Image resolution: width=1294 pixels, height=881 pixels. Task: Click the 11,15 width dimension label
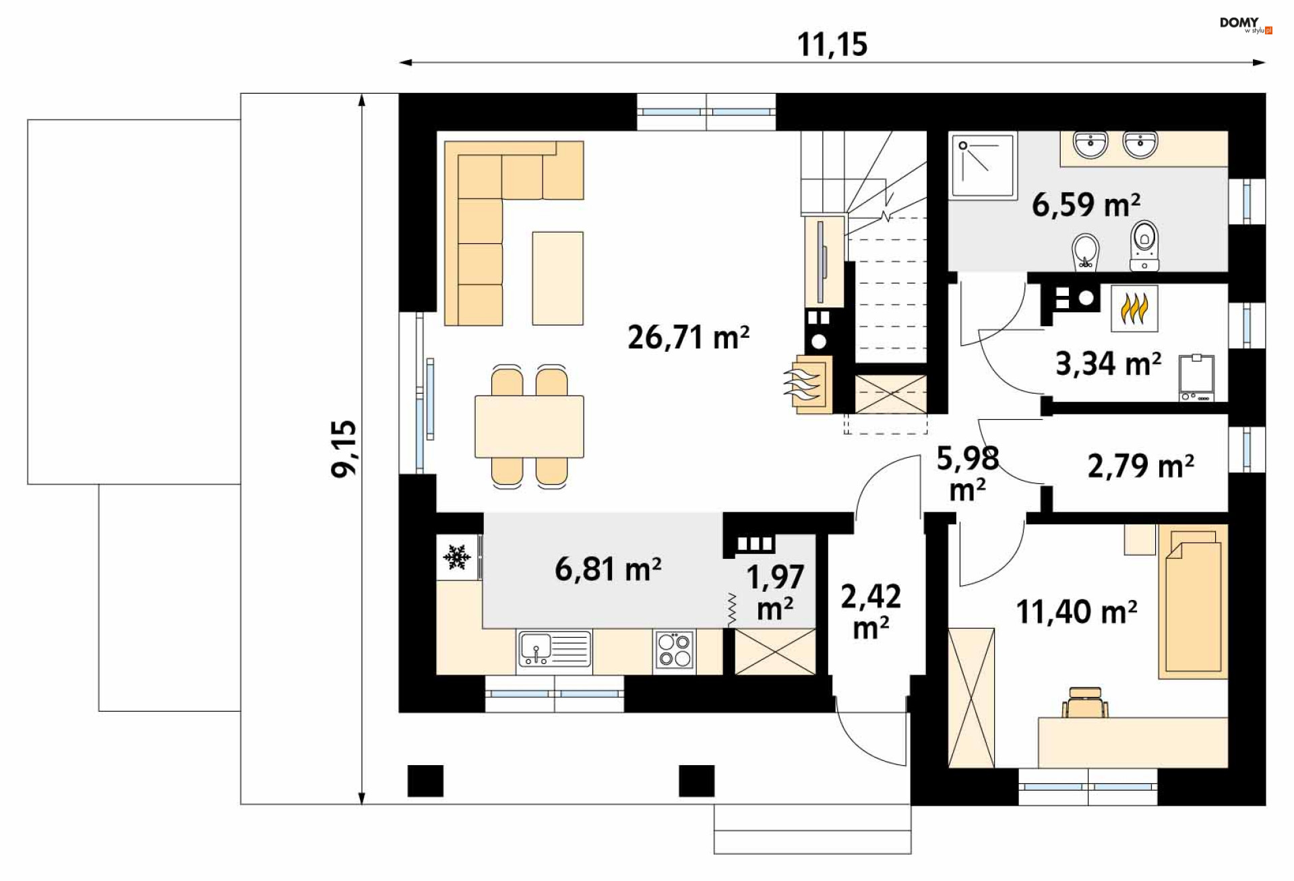point(832,44)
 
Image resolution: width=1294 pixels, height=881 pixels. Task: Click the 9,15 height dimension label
point(344,449)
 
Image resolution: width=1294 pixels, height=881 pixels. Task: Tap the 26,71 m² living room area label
point(688,337)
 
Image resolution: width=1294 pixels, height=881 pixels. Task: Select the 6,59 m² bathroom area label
point(1086,204)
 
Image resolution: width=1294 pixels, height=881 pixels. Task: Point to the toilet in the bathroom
point(1144,246)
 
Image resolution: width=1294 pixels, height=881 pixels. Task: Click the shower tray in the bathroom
point(983,166)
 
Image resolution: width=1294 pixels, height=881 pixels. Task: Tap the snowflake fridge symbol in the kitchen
point(456,557)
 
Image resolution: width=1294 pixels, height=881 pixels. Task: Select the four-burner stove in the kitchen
point(674,650)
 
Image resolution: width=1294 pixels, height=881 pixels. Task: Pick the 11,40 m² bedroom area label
point(1076,612)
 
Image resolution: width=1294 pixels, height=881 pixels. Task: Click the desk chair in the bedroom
point(1085,702)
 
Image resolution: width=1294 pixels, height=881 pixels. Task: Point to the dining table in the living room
point(529,427)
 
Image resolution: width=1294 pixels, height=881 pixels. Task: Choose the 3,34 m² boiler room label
point(1108,364)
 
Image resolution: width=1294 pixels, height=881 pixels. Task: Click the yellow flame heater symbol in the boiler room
point(1134,309)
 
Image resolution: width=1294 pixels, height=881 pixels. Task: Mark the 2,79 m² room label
point(1140,466)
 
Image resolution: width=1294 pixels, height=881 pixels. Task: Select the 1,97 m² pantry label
point(775,593)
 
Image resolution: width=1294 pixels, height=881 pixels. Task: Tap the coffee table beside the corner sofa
point(557,278)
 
